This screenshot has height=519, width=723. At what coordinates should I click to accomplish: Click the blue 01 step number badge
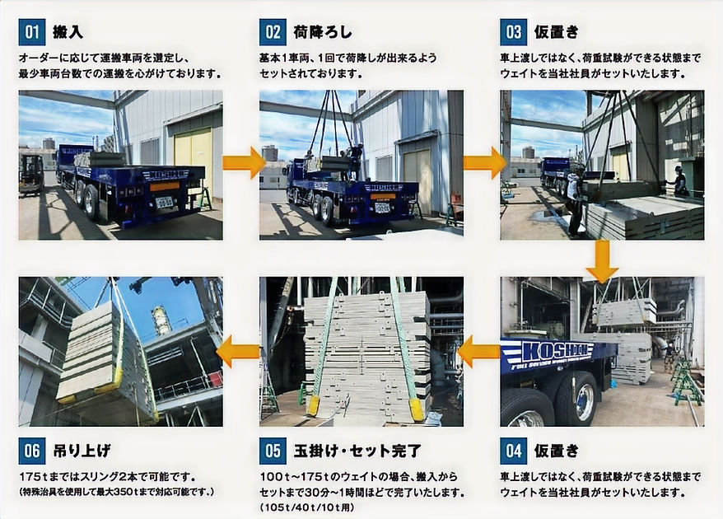(31, 34)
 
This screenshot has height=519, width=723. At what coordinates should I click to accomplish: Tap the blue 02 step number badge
(273, 34)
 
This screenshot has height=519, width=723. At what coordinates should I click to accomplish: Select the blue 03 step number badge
(513, 34)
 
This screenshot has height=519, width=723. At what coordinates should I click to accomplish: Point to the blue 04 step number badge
(513, 451)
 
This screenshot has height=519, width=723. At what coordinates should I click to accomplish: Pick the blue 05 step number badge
(273, 451)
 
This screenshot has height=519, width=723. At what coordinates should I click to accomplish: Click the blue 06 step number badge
(31, 451)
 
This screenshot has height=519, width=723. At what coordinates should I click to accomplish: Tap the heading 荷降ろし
(322, 34)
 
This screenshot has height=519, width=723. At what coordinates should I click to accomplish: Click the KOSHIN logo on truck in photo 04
(557, 351)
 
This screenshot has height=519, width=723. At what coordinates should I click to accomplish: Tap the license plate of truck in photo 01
(166, 202)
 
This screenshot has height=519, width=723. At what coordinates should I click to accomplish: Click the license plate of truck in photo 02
(382, 208)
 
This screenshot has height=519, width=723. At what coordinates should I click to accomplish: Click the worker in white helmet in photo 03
(679, 180)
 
